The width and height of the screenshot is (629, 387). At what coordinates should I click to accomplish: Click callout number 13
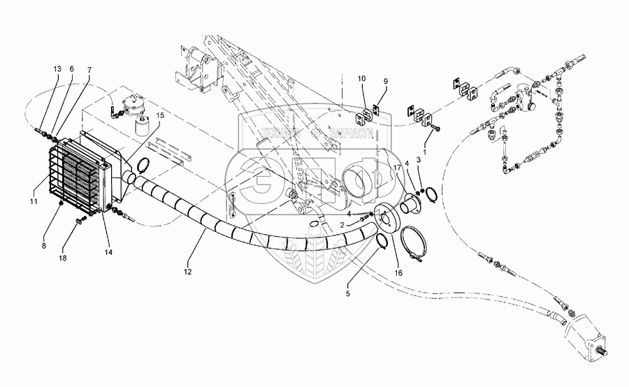56,69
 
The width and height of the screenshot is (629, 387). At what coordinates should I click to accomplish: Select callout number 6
71,69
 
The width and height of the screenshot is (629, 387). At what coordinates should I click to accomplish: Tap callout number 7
89,71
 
